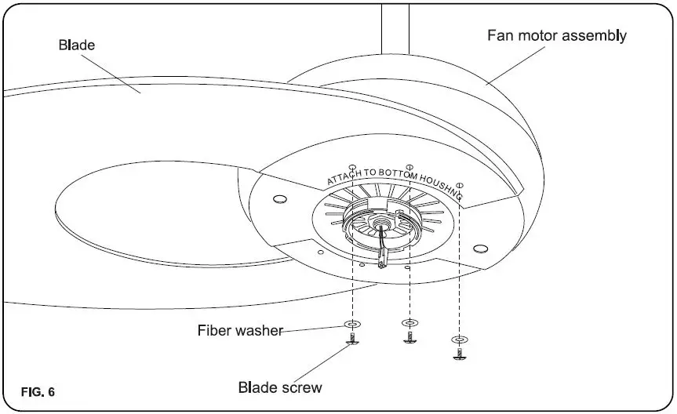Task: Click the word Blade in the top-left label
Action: [x=76, y=45]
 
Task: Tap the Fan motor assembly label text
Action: [x=557, y=35]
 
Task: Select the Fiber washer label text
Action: [x=239, y=330]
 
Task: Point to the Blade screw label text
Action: [x=280, y=387]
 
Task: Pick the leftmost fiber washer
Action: [x=352, y=325]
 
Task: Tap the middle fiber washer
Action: [x=408, y=322]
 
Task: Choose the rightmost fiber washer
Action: [x=460, y=340]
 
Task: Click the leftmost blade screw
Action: [x=352, y=340]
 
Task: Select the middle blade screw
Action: [x=408, y=337]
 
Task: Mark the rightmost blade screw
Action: [x=460, y=354]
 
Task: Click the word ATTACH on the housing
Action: [x=344, y=177]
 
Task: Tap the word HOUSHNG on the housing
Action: [x=443, y=183]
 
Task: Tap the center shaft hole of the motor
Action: [x=380, y=228]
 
